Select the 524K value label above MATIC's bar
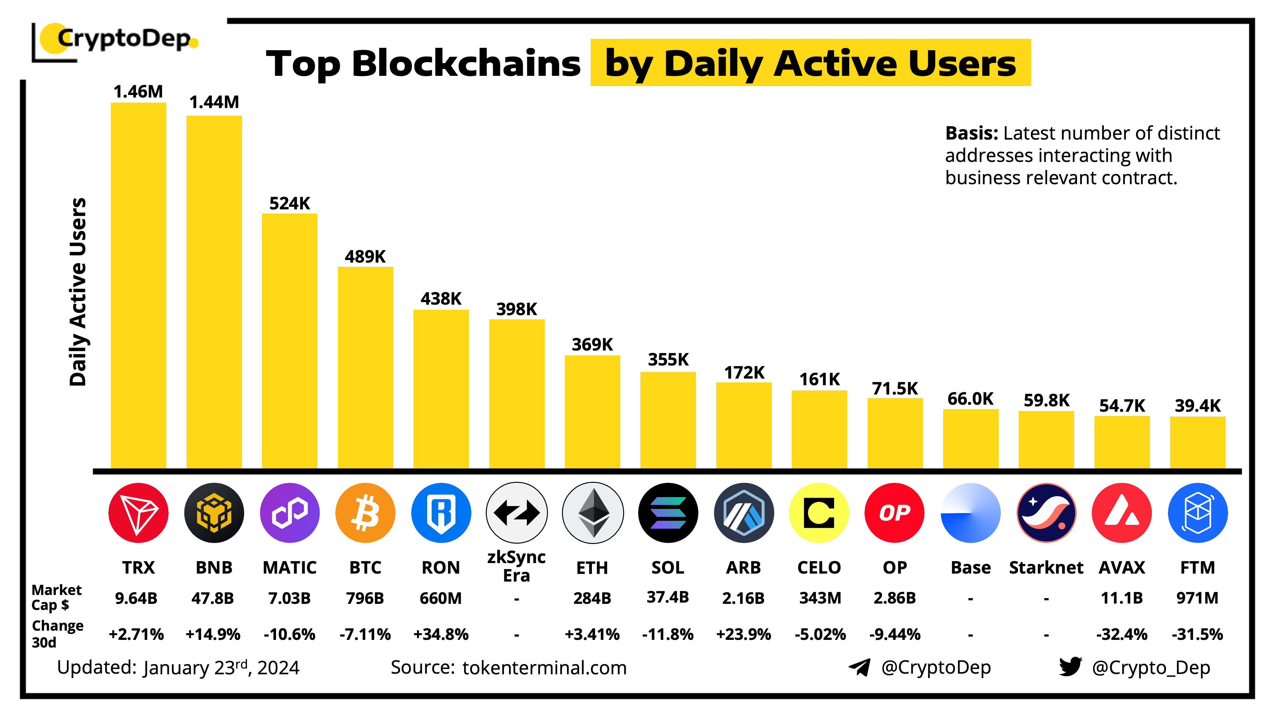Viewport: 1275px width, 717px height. [x=289, y=203]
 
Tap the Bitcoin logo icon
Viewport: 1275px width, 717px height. [x=365, y=513]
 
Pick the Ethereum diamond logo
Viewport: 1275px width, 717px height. [x=593, y=513]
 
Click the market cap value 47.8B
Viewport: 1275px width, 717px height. [x=213, y=598]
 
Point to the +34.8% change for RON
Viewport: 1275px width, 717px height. [x=441, y=634]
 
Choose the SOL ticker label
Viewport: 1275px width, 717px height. [x=668, y=568]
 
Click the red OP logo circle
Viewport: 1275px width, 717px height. [x=894, y=513]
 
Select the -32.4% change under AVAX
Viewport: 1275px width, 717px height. [x=1122, y=634]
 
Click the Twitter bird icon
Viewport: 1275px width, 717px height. [x=1070, y=667]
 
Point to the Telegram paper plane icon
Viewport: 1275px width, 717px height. [x=859, y=667]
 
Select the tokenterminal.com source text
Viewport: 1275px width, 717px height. [x=544, y=668]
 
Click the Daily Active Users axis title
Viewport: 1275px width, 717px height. [x=78, y=292]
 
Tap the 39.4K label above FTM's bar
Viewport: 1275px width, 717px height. [x=1198, y=406]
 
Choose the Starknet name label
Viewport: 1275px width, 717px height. [x=1046, y=568]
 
